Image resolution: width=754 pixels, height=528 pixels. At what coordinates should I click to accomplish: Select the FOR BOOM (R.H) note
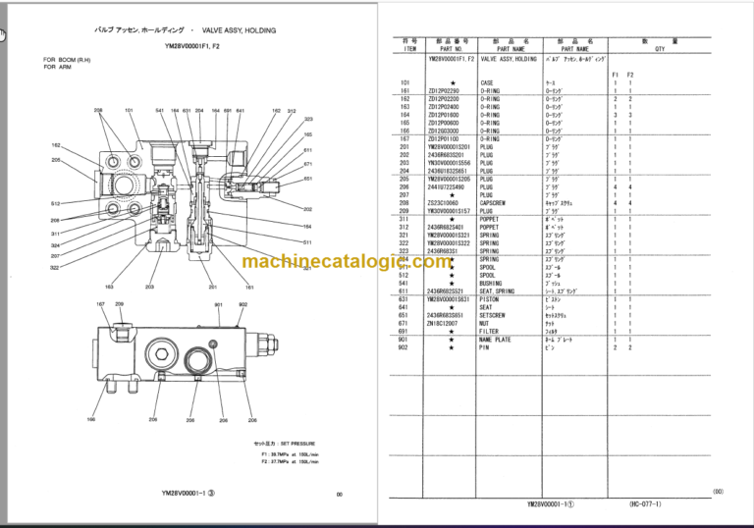[64, 59]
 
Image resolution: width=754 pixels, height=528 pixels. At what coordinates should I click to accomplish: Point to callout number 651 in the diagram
[308, 180]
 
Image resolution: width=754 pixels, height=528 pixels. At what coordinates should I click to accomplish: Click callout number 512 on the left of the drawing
[56, 203]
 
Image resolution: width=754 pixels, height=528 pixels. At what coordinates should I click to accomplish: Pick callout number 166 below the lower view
[90, 420]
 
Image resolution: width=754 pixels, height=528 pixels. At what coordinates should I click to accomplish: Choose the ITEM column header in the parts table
[410, 47]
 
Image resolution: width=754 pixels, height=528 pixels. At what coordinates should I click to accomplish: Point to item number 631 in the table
[404, 299]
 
